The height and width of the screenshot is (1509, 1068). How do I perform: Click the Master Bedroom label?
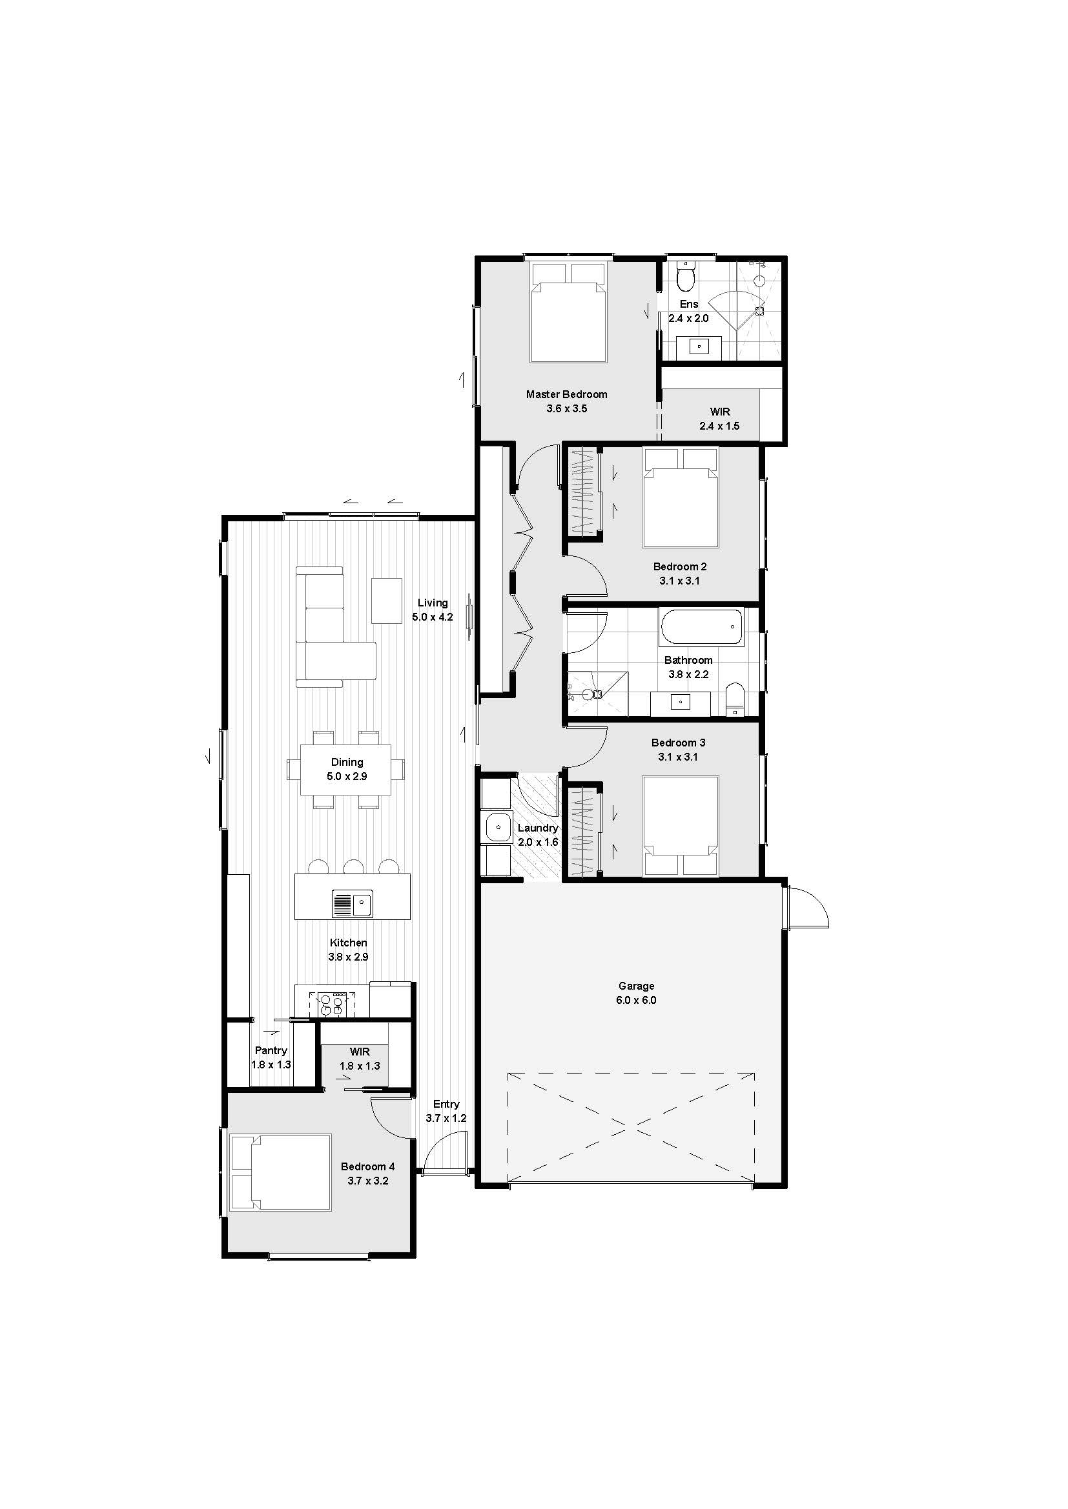click(x=566, y=394)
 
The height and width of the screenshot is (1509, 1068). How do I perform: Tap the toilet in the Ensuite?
click(x=686, y=277)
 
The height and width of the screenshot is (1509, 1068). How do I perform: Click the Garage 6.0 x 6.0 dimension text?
click(x=637, y=1001)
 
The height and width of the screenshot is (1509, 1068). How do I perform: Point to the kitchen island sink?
click(x=352, y=904)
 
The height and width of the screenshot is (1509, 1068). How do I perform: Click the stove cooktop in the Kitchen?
click(x=331, y=1003)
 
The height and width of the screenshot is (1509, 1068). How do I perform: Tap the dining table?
click(x=346, y=769)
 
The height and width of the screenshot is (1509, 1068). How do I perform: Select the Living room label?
click(x=433, y=603)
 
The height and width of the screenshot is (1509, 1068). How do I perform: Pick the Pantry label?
click(x=271, y=1050)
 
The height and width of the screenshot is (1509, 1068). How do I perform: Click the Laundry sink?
click(x=498, y=827)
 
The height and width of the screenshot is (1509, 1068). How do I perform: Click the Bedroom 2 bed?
click(x=681, y=497)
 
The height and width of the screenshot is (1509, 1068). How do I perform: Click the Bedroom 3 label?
click(x=678, y=743)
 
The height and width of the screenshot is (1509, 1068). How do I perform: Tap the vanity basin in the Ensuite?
click(x=699, y=346)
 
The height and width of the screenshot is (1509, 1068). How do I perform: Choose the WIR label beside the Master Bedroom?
click(x=719, y=412)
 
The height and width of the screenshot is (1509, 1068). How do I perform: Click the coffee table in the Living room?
click(x=387, y=601)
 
